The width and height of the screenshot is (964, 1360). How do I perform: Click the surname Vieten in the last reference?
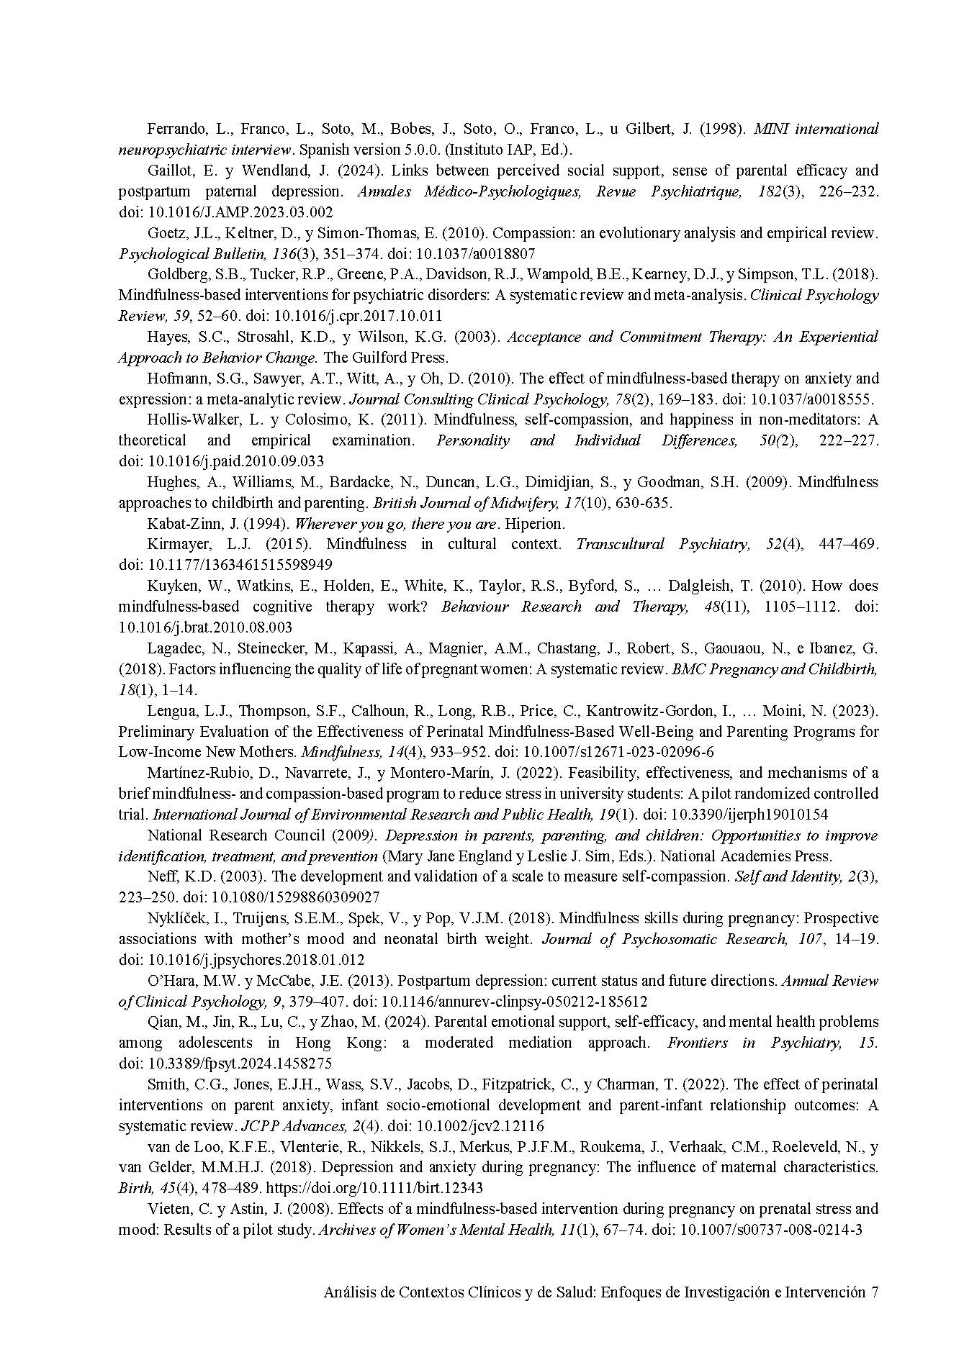click(x=167, y=1209)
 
